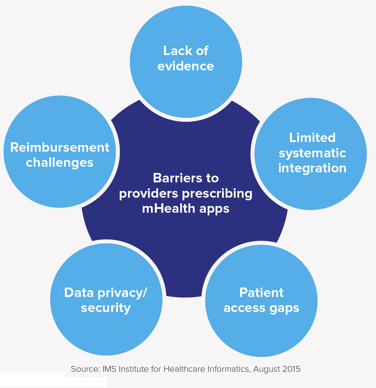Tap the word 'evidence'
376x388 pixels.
(186, 66)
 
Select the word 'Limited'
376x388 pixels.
(312, 138)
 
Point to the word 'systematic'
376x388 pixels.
(312, 153)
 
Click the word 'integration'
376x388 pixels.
(312, 168)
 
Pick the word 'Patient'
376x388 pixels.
(261, 293)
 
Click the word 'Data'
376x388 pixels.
(79, 293)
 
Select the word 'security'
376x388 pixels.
(106, 308)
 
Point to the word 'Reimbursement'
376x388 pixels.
(60, 147)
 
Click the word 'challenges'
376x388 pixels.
(60, 163)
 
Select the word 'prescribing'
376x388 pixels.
(217, 194)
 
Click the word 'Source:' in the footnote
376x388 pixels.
(85, 369)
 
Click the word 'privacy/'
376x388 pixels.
(122, 293)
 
